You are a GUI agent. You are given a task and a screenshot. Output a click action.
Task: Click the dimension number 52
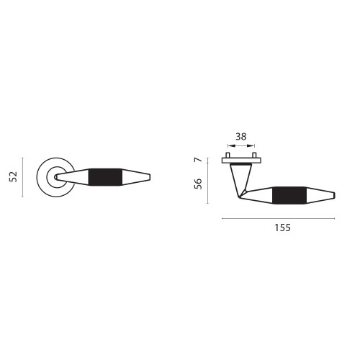[x=14, y=177]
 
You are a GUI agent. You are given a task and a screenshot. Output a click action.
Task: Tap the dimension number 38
[x=240, y=137]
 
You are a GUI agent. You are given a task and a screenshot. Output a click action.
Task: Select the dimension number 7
[x=197, y=160]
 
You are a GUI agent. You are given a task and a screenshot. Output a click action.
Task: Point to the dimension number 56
[x=198, y=184]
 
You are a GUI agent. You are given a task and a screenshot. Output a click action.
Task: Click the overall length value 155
[x=282, y=228]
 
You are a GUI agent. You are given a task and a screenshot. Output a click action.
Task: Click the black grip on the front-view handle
[x=105, y=177]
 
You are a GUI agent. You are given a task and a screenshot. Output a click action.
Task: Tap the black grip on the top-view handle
[x=289, y=195]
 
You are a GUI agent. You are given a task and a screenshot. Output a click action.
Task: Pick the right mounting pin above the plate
[x=254, y=155]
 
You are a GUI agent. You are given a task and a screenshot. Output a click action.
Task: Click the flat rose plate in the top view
[x=241, y=161]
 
